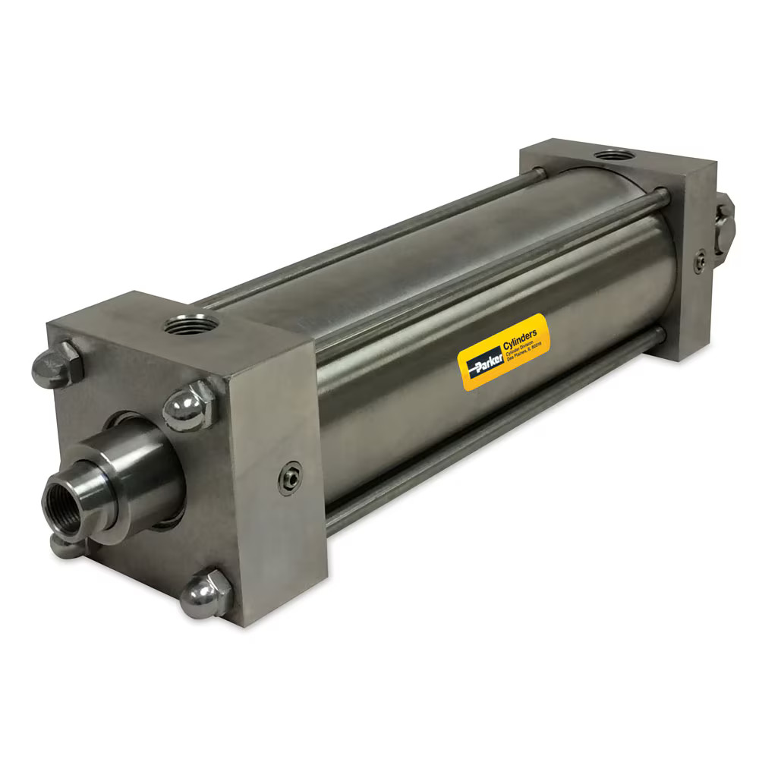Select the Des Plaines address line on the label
point(524,354)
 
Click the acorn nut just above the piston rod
point(188,406)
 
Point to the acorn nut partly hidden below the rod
point(64,544)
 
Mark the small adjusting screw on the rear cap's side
point(700,260)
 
